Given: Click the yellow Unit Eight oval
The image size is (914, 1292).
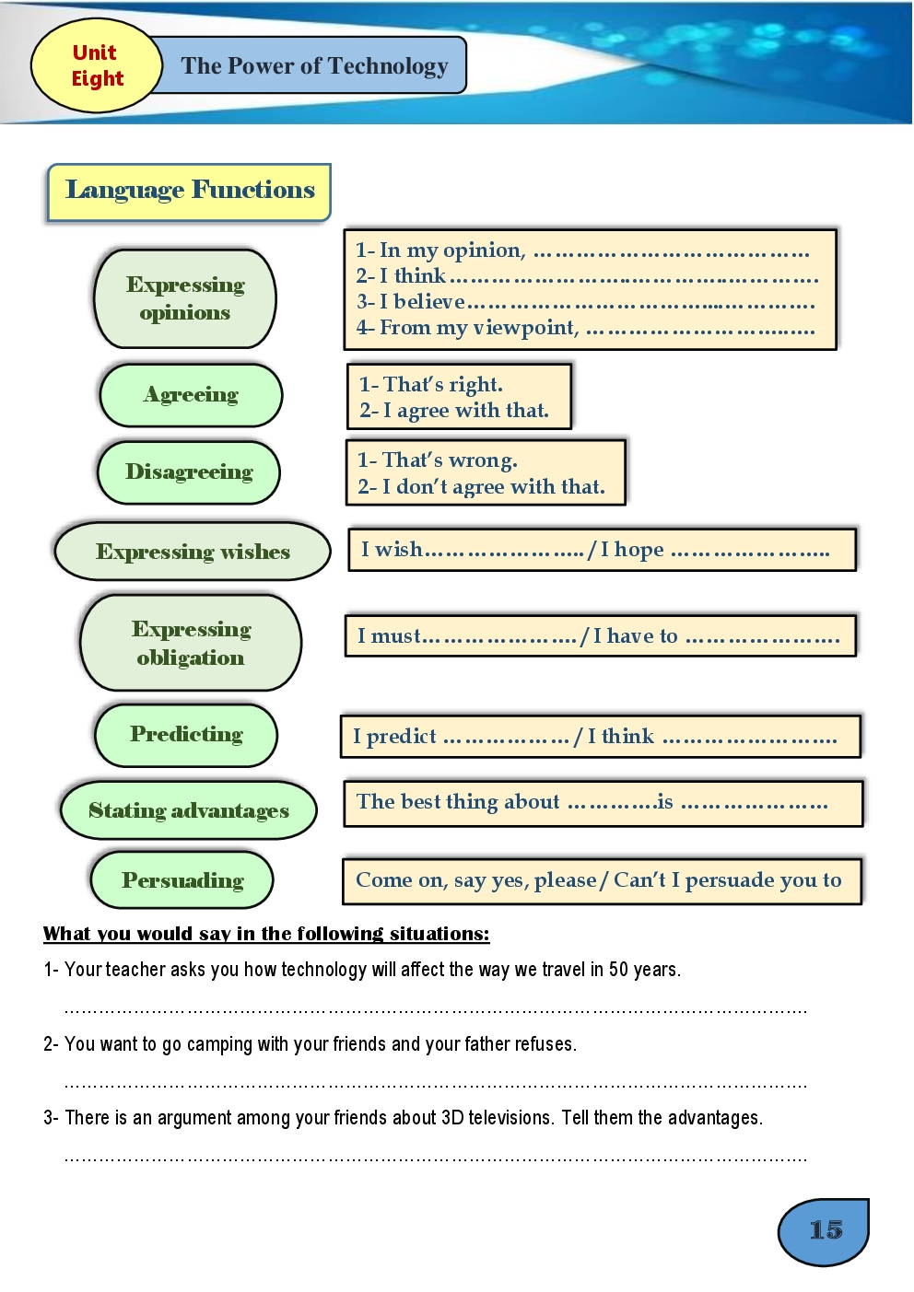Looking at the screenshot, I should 97,66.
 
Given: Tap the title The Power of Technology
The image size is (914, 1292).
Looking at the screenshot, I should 314,66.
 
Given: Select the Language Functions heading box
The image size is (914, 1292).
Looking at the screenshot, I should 189,191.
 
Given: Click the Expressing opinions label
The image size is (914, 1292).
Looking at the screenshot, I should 185,298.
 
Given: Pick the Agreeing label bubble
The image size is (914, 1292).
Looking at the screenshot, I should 191,395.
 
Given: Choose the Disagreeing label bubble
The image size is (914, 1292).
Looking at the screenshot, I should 189,472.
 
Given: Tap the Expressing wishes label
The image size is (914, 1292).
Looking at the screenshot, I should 193,552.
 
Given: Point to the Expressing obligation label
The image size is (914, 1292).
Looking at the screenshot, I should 191,643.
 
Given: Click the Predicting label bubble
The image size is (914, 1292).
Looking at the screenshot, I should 186,735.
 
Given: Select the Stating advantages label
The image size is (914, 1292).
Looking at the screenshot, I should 189,810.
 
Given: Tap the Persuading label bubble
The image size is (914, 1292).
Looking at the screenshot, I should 182,880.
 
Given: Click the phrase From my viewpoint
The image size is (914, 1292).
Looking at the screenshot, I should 467,328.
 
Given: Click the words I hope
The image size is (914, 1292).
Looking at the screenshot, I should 632,550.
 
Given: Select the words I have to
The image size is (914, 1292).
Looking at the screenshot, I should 635,636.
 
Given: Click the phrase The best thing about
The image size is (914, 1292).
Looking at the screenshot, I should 458,802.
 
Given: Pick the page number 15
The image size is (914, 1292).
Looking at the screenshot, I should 826,1230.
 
